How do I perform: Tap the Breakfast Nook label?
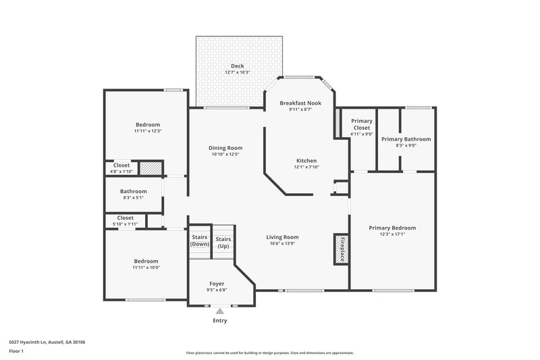click(x=300, y=103)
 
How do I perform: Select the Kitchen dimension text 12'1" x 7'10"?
click(x=306, y=167)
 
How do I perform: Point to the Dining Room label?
click(x=226, y=148)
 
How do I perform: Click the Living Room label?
click(x=282, y=237)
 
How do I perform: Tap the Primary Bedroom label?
click(x=392, y=228)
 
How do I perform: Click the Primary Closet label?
click(x=361, y=124)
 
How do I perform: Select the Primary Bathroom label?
click(x=406, y=139)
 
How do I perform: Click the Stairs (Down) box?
click(x=200, y=241)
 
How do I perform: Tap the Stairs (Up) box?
click(x=223, y=242)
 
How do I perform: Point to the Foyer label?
click(x=217, y=284)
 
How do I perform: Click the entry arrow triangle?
click(x=219, y=311)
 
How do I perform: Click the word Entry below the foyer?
click(x=219, y=321)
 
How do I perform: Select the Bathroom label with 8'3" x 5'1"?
click(x=134, y=191)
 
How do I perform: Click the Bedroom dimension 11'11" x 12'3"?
click(x=147, y=131)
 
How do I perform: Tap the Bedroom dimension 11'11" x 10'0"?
click(x=146, y=267)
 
